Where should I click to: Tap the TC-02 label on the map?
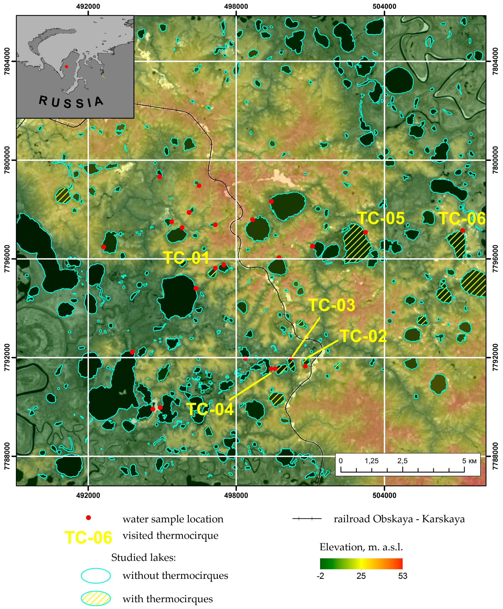(x=363, y=336)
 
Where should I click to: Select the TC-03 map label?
(x=332, y=305)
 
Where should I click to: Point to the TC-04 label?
(x=211, y=409)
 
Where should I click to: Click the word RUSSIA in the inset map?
(x=71, y=102)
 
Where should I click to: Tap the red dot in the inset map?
(x=66, y=67)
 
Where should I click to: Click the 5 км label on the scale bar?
(x=469, y=461)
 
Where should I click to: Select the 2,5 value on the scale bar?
(x=402, y=461)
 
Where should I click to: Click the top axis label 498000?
(x=236, y=6)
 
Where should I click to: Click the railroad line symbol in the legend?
(x=307, y=519)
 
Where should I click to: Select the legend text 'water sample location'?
(x=173, y=519)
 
